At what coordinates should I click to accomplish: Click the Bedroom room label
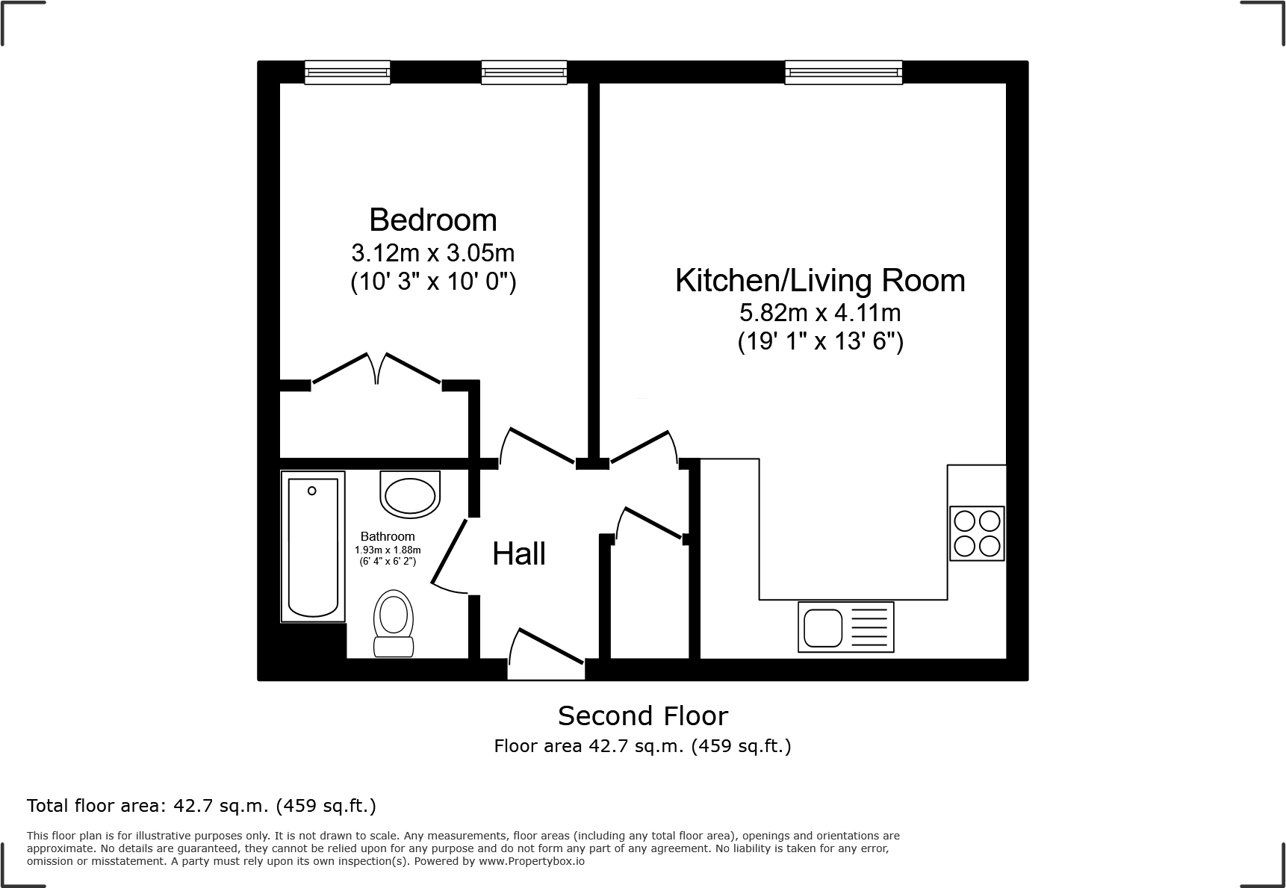(x=432, y=220)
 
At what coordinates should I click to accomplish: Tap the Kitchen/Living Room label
(x=819, y=281)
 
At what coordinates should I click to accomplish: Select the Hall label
(x=519, y=554)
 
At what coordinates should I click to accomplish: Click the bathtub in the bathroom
(x=313, y=547)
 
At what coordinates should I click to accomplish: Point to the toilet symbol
(x=394, y=624)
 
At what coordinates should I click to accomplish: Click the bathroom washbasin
(x=409, y=494)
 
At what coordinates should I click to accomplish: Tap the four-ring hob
(x=977, y=533)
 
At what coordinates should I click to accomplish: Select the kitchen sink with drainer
(x=845, y=627)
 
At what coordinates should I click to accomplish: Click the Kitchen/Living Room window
(x=843, y=72)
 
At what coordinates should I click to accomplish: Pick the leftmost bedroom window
(x=347, y=72)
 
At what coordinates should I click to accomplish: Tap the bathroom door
(x=450, y=551)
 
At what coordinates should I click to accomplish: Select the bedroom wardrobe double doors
(x=376, y=370)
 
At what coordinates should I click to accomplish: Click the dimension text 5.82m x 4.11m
(x=819, y=312)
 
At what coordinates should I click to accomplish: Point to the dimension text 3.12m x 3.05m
(x=432, y=253)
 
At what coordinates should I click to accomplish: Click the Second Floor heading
(x=642, y=716)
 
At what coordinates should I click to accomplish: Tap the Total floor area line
(x=201, y=806)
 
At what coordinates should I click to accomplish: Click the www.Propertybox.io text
(x=531, y=861)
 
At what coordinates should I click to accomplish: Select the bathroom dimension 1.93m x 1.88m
(x=387, y=550)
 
